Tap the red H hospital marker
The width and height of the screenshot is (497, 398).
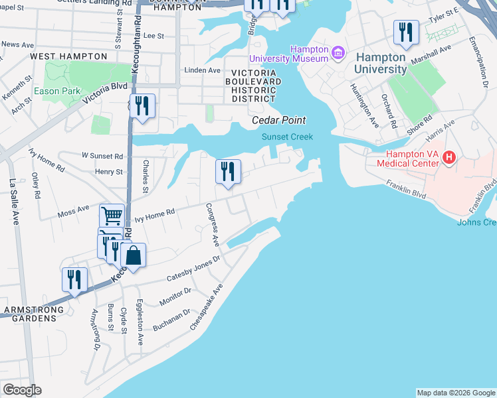click(x=449, y=158)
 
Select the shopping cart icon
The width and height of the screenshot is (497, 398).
click(x=112, y=215)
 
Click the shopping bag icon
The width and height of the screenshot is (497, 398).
click(x=134, y=256)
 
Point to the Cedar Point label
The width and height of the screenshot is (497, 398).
click(x=278, y=120)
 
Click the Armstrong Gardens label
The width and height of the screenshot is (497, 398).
click(x=35, y=314)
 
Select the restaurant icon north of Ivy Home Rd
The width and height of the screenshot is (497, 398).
click(x=228, y=171)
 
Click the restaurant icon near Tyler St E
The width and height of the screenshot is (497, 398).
click(x=405, y=31)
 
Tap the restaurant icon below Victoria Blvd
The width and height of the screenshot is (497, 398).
click(x=142, y=105)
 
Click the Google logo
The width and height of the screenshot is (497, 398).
click(x=22, y=389)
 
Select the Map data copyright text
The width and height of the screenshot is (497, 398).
click(x=455, y=393)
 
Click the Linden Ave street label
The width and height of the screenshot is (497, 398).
click(x=202, y=70)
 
